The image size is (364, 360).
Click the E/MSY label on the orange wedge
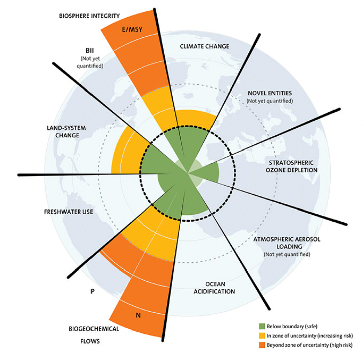(132, 29)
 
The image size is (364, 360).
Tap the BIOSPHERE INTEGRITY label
(89, 16)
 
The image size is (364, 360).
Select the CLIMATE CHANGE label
(204, 46)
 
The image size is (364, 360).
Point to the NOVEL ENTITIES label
(270, 93)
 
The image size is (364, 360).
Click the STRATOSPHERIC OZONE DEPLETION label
(292, 166)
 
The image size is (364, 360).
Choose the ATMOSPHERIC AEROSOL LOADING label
(287, 243)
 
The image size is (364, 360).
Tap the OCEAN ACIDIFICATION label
(214, 288)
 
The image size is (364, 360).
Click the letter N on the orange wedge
(138, 315)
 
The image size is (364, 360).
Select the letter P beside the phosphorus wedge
(93, 291)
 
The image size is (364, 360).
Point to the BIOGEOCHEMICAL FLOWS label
(94, 335)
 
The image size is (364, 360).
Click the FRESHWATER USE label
(68, 212)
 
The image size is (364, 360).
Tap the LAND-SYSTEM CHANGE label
(66, 132)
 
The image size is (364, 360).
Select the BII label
(90, 50)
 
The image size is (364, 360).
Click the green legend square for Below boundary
(262, 326)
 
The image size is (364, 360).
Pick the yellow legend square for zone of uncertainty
(262, 336)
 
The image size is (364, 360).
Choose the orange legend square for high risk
(262, 345)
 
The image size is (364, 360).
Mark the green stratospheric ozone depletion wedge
(206, 172)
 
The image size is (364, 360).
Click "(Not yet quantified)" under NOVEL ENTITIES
(270, 101)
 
